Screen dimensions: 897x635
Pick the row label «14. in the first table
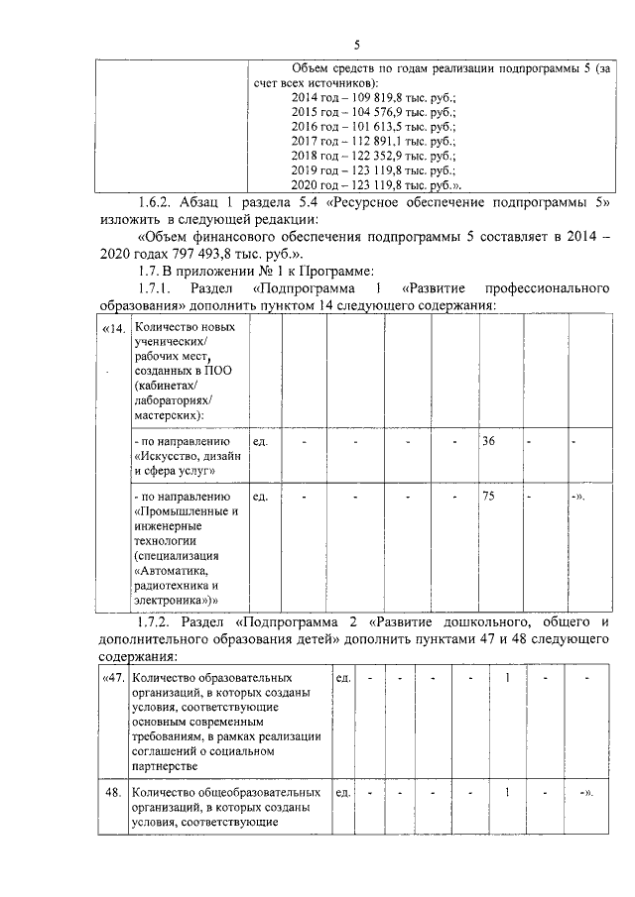click(113, 328)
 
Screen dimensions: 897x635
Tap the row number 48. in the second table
click(114, 793)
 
